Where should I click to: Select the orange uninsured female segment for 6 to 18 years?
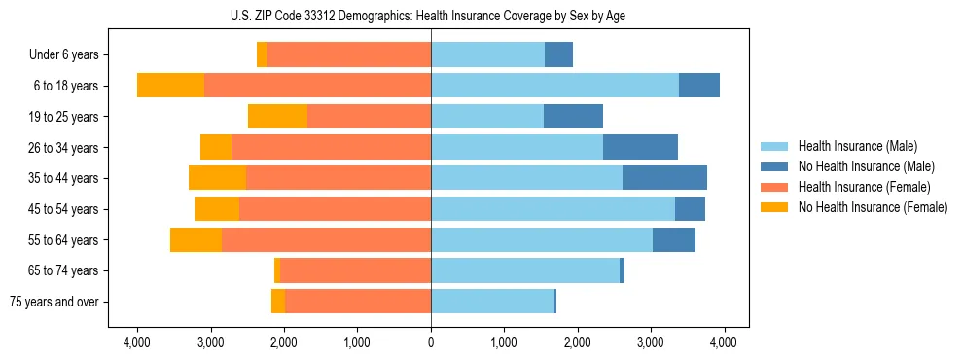pyautogui.click(x=170, y=86)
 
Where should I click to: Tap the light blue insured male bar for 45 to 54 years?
pyautogui.click(x=553, y=209)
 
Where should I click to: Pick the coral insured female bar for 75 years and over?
pyautogui.click(x=358, y=302)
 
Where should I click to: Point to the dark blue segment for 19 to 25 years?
pyautogui.click(x=573, y=117)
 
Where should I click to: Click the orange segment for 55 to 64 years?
pyautogui.click(x=196, y=240)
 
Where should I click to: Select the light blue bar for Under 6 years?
pyautogui.click(x=487, y=55)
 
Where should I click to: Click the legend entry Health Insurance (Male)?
pyautogui.click(x=852, y=147)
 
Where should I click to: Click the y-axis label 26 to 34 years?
pyautogui.click(x=64, y=148)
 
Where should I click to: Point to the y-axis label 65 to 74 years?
pyautogui.click(x=64, y=270)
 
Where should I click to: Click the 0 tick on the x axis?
pyautogui.click(x=431, y=342)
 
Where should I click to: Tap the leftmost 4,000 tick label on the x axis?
pyautogui.click(x=137, y=342)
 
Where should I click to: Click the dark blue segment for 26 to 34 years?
pyautogui.click(x=640, y=148)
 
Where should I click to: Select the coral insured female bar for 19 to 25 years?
pyautogui.click(x=369, y=117)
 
